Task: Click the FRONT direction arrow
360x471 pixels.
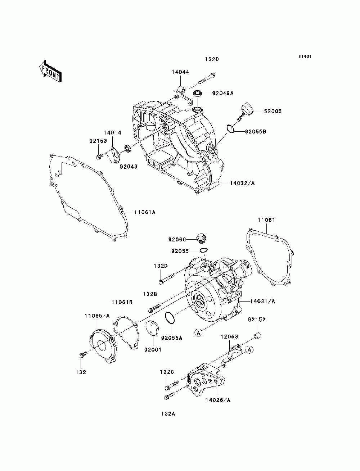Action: coord(51,71)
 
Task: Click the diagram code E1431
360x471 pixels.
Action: coord(305,56)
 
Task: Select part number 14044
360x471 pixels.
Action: coord(180,72)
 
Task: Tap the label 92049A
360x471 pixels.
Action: coord(222,93)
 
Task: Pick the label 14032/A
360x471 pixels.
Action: coord(242,183)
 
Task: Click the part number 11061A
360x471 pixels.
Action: coord(145,212)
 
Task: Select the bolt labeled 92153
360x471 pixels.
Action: coord(99,157)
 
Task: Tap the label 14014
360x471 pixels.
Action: coord(112,133)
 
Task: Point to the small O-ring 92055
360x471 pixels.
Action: coord(203,250)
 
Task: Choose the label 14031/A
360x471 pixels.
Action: coord(262,301)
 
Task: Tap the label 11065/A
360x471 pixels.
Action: coord(97,316)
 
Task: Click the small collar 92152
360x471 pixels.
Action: coord(257,336)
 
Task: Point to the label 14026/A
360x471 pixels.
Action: coord(218,400)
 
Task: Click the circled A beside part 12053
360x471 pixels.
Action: coord(249,350)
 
